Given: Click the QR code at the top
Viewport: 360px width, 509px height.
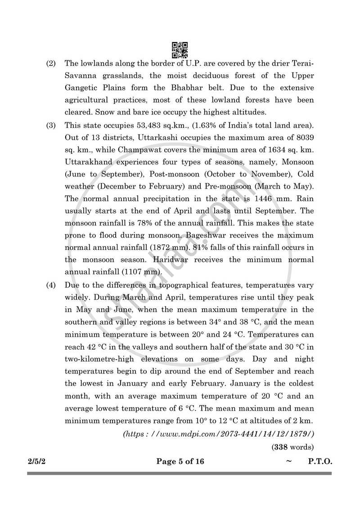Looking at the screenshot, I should point(180,49).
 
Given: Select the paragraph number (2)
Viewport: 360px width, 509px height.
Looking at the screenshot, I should point(51,63).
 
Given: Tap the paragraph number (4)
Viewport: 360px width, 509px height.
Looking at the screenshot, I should point(51,285).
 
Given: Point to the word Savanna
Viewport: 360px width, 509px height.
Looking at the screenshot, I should point(82,76).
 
